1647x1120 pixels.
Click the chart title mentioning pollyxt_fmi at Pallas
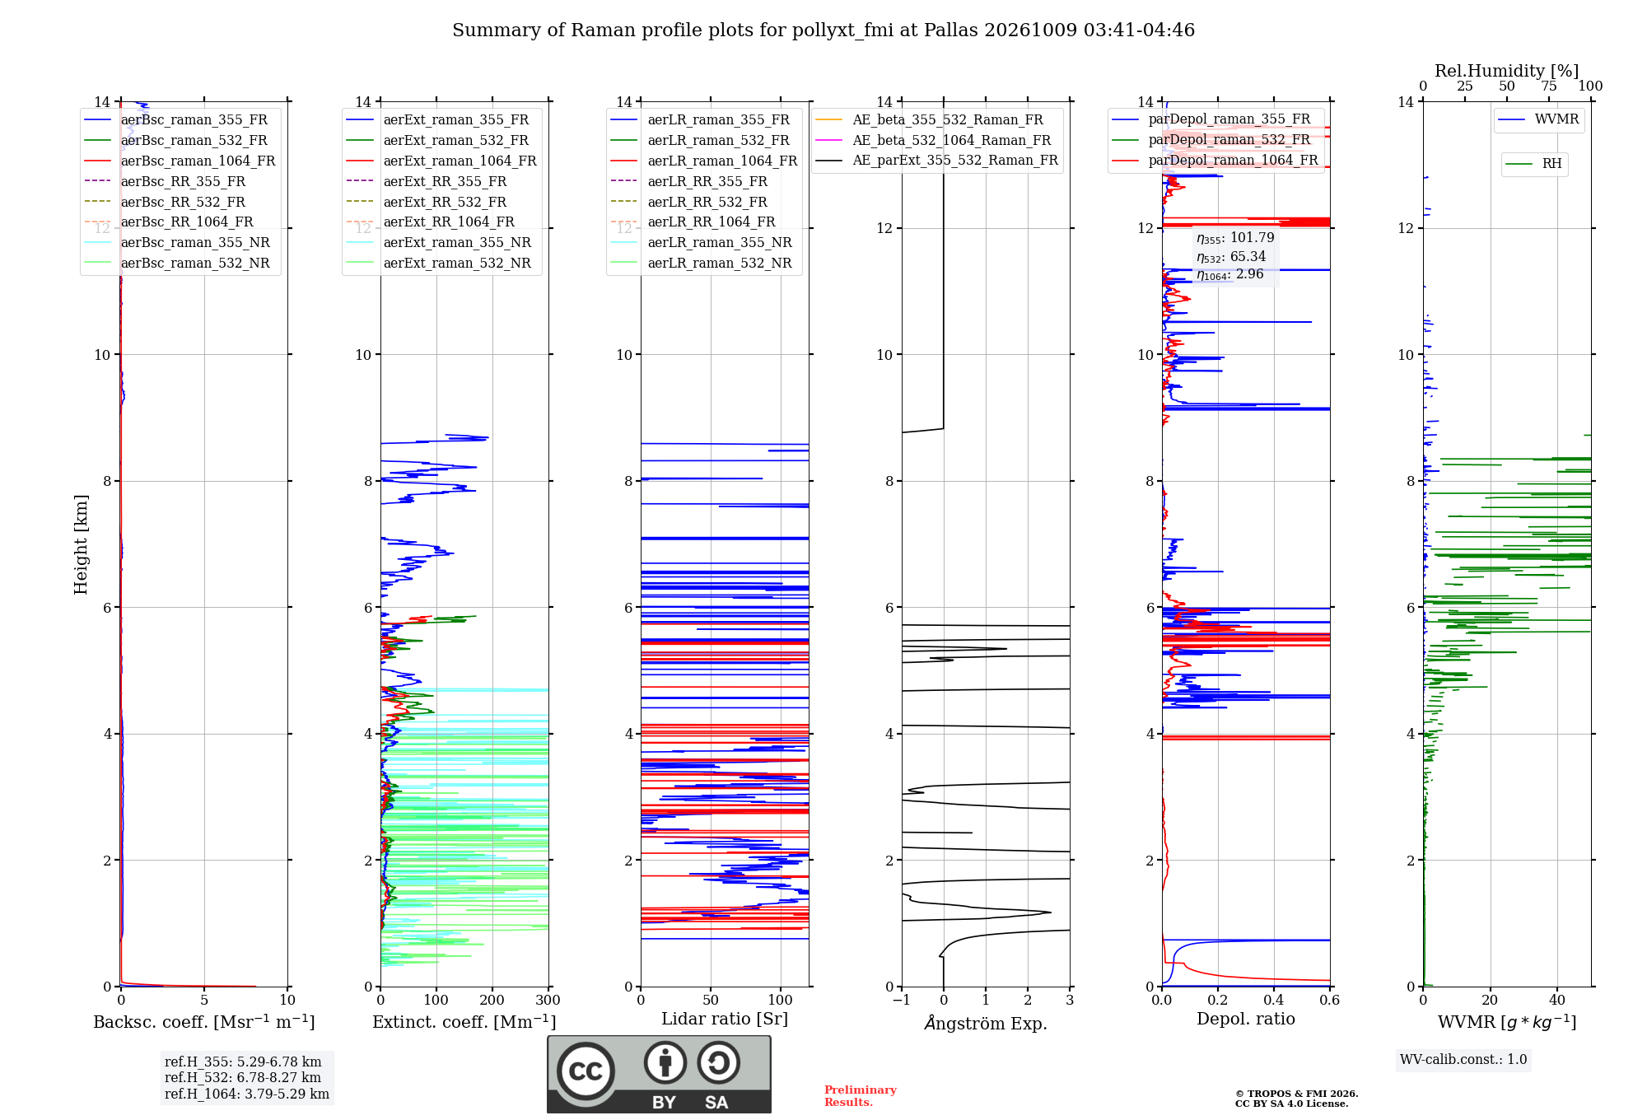pos(823,30)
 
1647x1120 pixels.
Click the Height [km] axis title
pos(81,544)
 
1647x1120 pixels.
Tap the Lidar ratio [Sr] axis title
pos(725,1019)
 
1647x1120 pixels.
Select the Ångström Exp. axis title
pos(986,1023)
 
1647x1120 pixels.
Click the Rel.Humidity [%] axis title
pos(1507,71)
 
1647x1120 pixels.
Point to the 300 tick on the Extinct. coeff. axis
pos(548,1000)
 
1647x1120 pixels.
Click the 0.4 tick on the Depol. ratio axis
pos(1274,1000)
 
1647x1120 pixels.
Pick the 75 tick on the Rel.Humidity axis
pos(1549,86)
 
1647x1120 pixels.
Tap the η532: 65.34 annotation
pos(1231,256)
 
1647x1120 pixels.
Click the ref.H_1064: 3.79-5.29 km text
pos(247,1094)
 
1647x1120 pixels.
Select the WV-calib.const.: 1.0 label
pos(1463,1059)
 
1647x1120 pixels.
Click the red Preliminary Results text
pos(861,1096)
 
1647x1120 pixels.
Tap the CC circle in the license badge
pos(586,1071)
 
